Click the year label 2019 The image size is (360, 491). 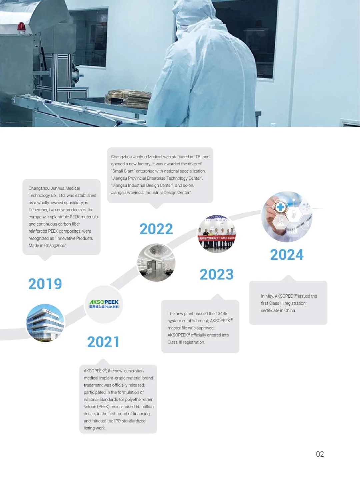click(45, 284)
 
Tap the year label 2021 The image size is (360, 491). click(103, 342)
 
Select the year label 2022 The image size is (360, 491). click(156, 229)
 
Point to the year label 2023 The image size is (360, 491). click(216, 275)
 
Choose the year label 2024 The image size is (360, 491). click(287, 255)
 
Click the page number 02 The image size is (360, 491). click(320, 454)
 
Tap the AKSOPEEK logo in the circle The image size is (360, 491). click(104, 304)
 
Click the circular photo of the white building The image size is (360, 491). click(45, 323)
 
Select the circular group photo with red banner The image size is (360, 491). click(217, 234)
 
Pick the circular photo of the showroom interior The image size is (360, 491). click(156, 262)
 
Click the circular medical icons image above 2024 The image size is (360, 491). click(287, 217)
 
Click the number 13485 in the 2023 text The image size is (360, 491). click(221, 314)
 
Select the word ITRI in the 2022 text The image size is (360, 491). click(198, 157)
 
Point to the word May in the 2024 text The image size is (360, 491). click(269, 296)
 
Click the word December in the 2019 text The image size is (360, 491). click(38, 210)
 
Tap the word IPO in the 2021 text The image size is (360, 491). click(117, 421)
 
